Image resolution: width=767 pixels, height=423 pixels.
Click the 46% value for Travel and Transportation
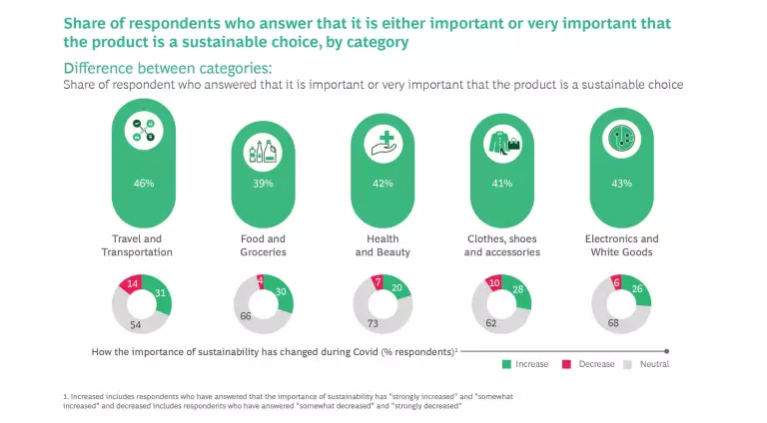pyautogui.click(x=144, y=184)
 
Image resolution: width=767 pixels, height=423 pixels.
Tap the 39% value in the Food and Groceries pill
pyautogui.click(x=264, y=184)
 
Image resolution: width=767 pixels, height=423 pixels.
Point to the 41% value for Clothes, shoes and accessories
pyautogui.click(x=501, y=184)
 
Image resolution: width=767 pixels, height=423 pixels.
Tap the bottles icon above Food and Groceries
pyautogui.click(x=264, y=150)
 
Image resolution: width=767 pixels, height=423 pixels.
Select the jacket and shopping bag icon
pyautogui.click(x=501, y=144)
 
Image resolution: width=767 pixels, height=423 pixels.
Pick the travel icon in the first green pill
pyautogui.click(x=144, y=133)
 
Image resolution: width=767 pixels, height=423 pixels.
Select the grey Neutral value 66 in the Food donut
pyautogui.click(x=247, y=315)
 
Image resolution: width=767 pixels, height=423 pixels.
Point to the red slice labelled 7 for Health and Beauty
pyautogui.click(x=377, y=282)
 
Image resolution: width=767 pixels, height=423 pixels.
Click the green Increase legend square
pyautogui.click(x=507, y=364)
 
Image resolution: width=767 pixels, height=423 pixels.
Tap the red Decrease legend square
pyautogui.click(x=568, y=364)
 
